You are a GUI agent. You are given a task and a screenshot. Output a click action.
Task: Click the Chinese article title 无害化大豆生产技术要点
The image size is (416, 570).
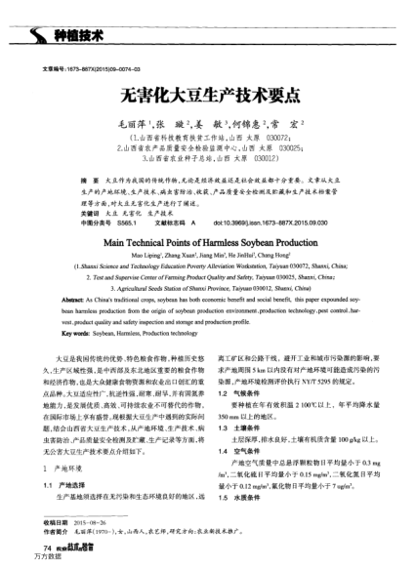tap(208, 98)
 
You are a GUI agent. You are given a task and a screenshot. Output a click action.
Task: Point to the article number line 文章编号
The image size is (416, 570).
tap(83, 68)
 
